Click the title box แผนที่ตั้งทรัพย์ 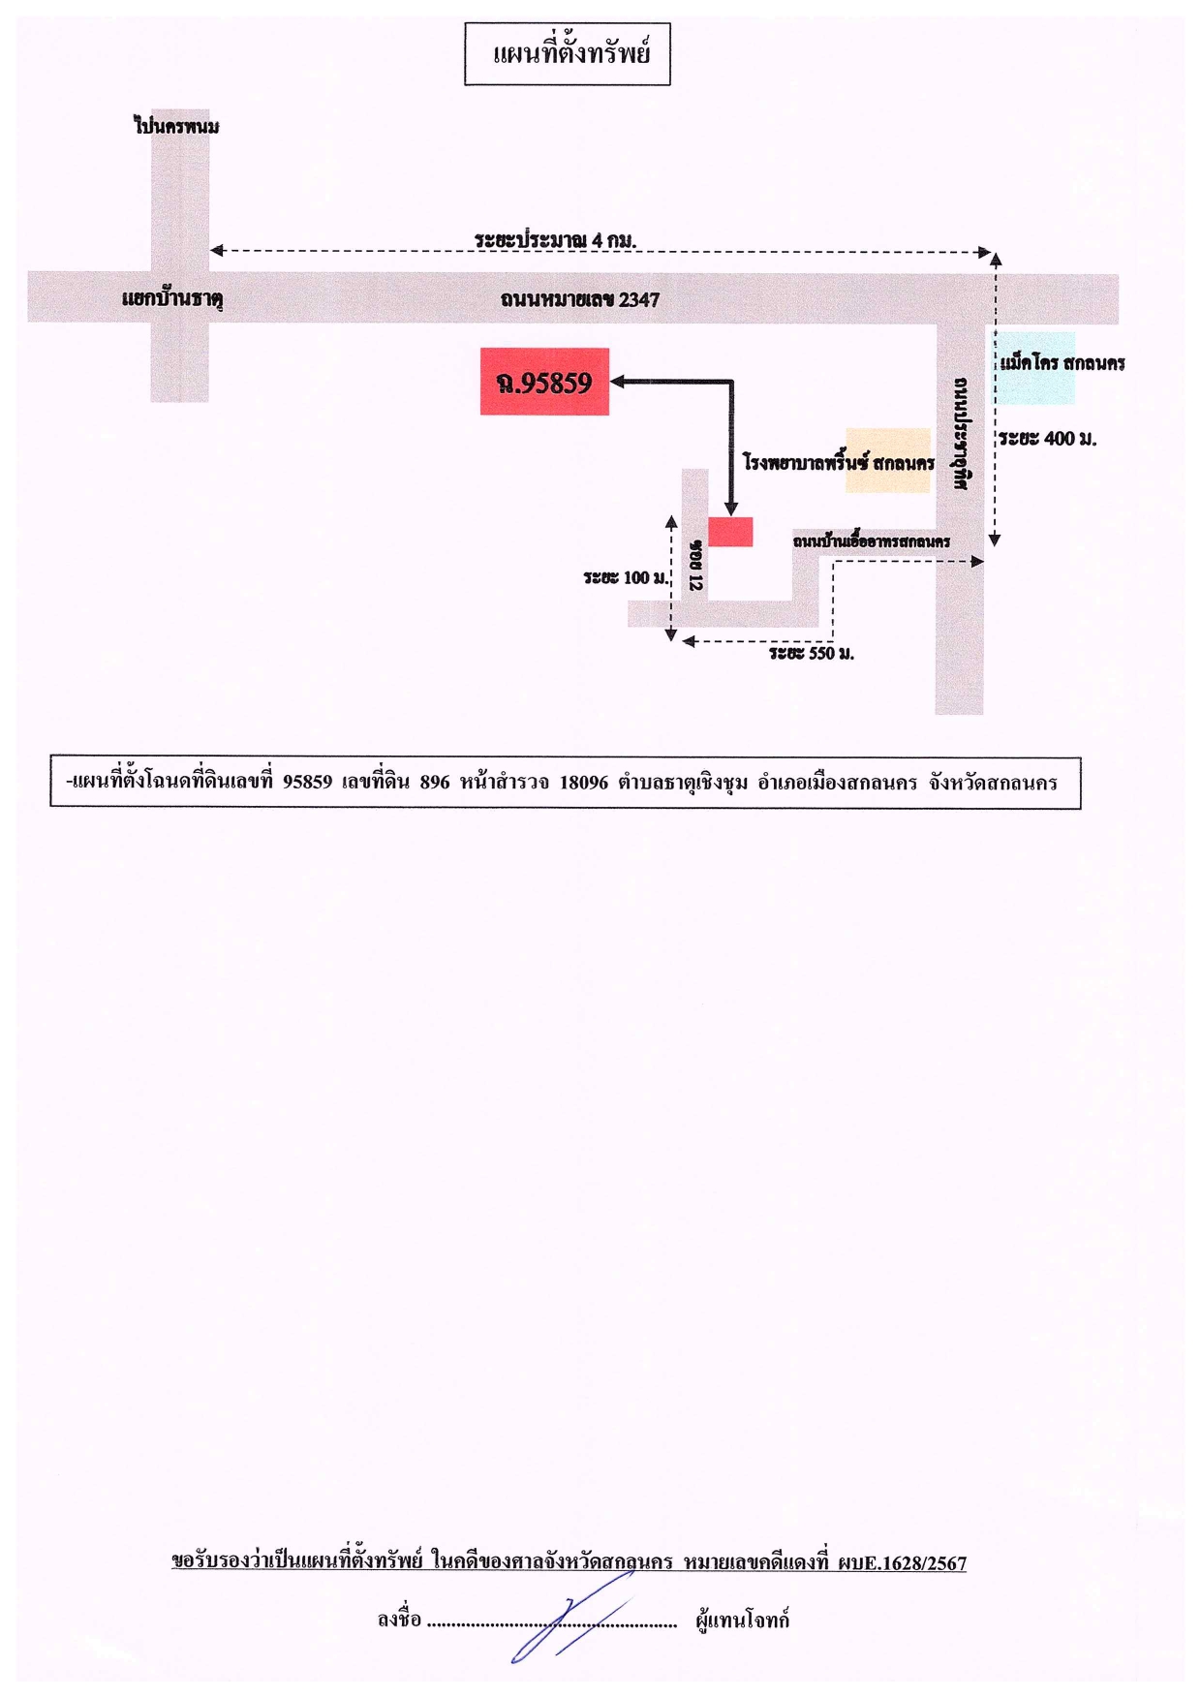pyautogui.click(x=567, y=54)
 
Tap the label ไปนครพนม pyautogui.click(x=176, y=126)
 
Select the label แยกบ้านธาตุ pyautogui.click(x=172, y=298)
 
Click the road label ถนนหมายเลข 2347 pyautogui.click(x=580, y=299)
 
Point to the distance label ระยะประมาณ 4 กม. pyautogui.click(x=555, y=239)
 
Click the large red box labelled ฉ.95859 pyautogui.click(x=544, y=382)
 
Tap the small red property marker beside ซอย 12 pyautogui.click(x=730, y=532)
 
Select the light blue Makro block pyautogui.click(x=1035, y=368)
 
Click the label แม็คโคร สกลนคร pyautogui.click(x=1062, y=363)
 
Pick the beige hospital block pyautogui.click(x=887, y=460)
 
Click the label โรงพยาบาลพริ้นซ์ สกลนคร pyautogui.click(x=839, y=462)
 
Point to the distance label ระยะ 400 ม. pyautogui.click(x=1047, y=439)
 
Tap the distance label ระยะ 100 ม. pyautogui.click(x=626, y=578)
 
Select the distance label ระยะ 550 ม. pyautogui.click(x=812, y=654)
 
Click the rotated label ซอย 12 pyautogui.click(x=695, y=565)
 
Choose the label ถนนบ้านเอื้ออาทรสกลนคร pyautogui.click(x=872, y=541)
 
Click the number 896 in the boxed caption pyautogui.click(x=435, y=782)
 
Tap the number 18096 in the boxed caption pyautogui.click(x=584, y=782)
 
